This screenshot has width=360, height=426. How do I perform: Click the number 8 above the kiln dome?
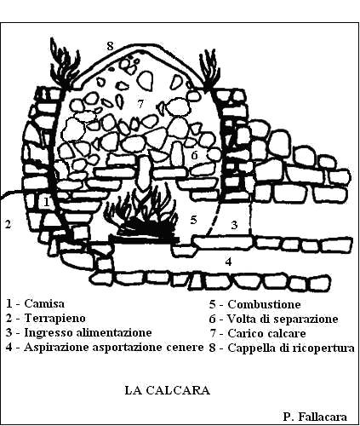click(x=110, y=46)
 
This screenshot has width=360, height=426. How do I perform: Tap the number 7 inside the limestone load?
click(x=140, y=104)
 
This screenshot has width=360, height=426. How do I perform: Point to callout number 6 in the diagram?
click(x=194, y=155)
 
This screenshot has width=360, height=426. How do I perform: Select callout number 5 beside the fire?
click(x=193, y=220)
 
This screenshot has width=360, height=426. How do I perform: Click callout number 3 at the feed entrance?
click(x=234, y=225)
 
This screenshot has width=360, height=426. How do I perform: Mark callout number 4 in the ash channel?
click(x=228, y=262)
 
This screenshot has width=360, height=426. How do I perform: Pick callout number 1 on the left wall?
click(x=47, y=202)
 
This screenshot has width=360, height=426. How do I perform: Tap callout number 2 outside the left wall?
click(x=9, y=224)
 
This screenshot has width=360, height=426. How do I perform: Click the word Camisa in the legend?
click(x=44, y=303)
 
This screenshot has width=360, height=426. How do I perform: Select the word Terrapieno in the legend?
click(x=54, y=318)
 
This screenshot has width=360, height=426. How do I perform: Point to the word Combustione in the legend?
click(x=264, y=304)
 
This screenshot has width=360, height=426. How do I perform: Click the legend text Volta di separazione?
click(x=283, y=319)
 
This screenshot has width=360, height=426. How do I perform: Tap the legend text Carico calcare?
click(x=266, y=333)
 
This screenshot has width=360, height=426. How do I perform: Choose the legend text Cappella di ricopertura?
click(x=291, y=348)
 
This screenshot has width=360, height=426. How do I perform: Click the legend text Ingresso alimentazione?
click(x=88, y=332)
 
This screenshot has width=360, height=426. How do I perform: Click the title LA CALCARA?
click(x=168, y=390)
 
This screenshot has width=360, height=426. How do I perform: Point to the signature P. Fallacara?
click(x=315, y=417)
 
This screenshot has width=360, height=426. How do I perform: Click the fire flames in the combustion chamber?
click(x=142, y=210)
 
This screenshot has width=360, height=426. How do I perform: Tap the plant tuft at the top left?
click(x=65, y=64)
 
